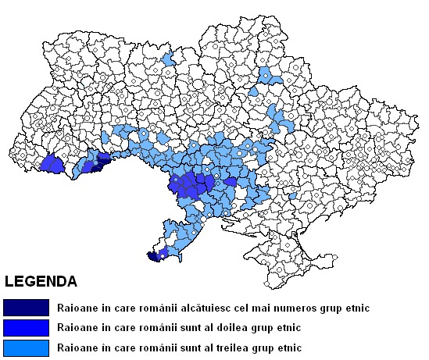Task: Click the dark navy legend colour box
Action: [x=26, y=308]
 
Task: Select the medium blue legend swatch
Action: [x=26, y=327]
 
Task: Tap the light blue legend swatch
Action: [x=26, y=347]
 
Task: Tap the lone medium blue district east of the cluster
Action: [x=230, y=182]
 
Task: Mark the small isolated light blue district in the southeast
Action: [x=292, y=196]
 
